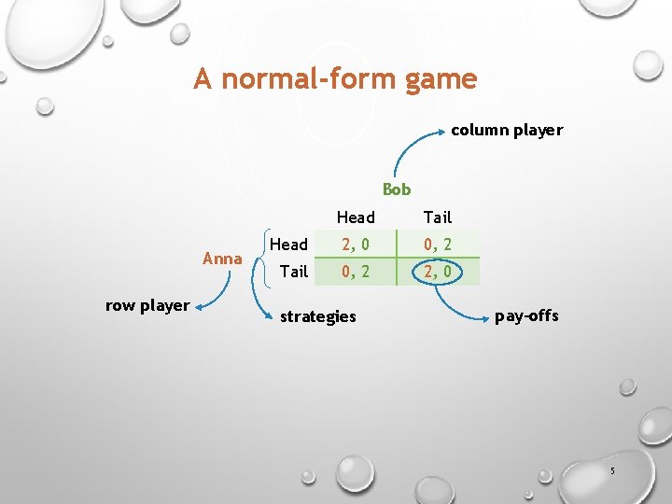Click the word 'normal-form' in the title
pos(309,79)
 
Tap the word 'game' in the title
pos(441,79)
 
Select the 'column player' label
pos(507,130)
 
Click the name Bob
pos(397,189)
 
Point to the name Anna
pos(222,259)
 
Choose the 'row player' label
pos(147,305)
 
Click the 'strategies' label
pos(317,316)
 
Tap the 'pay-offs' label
pos(526,315)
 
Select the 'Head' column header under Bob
pos(355,217)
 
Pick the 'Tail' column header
pos(437,217)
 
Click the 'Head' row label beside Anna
pos(288,245)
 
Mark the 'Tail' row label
pos(293,272)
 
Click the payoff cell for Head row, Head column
pos(355,245)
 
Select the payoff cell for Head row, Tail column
pos(437,245)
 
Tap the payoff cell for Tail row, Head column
pos(355,272)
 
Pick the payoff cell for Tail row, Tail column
pos(437,272)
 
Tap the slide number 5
pos(612,471)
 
